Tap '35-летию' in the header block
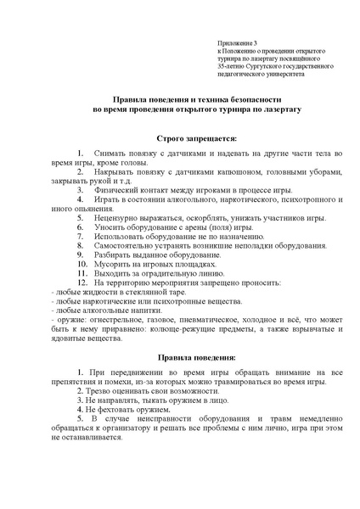pyautogui.click(x=231, y=65)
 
